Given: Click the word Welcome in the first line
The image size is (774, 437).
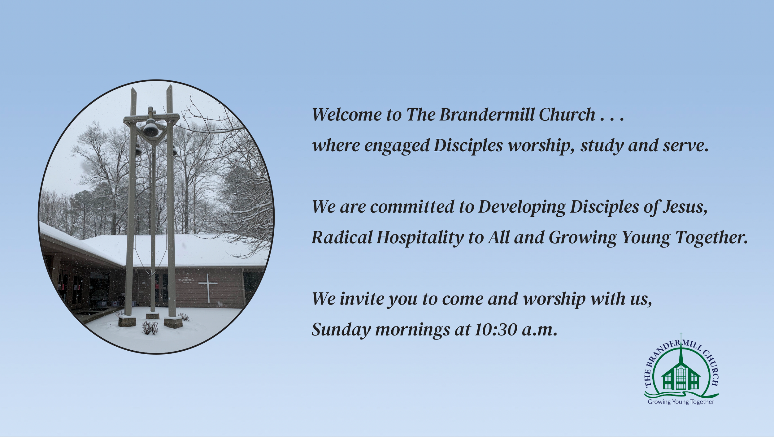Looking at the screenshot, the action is click(347, 115).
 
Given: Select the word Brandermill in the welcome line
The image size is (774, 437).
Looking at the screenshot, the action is click(487, 115).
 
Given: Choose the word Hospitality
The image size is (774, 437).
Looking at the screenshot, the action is click(420, 238).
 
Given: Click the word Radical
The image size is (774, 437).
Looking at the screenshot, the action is click(342, 237).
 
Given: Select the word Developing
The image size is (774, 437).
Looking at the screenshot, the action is click(522, 207).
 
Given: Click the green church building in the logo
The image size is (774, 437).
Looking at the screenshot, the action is click(681, 376).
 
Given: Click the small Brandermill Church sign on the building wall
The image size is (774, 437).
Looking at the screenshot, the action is click(186, 280).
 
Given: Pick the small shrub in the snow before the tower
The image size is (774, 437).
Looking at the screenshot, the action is click(150, 328).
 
